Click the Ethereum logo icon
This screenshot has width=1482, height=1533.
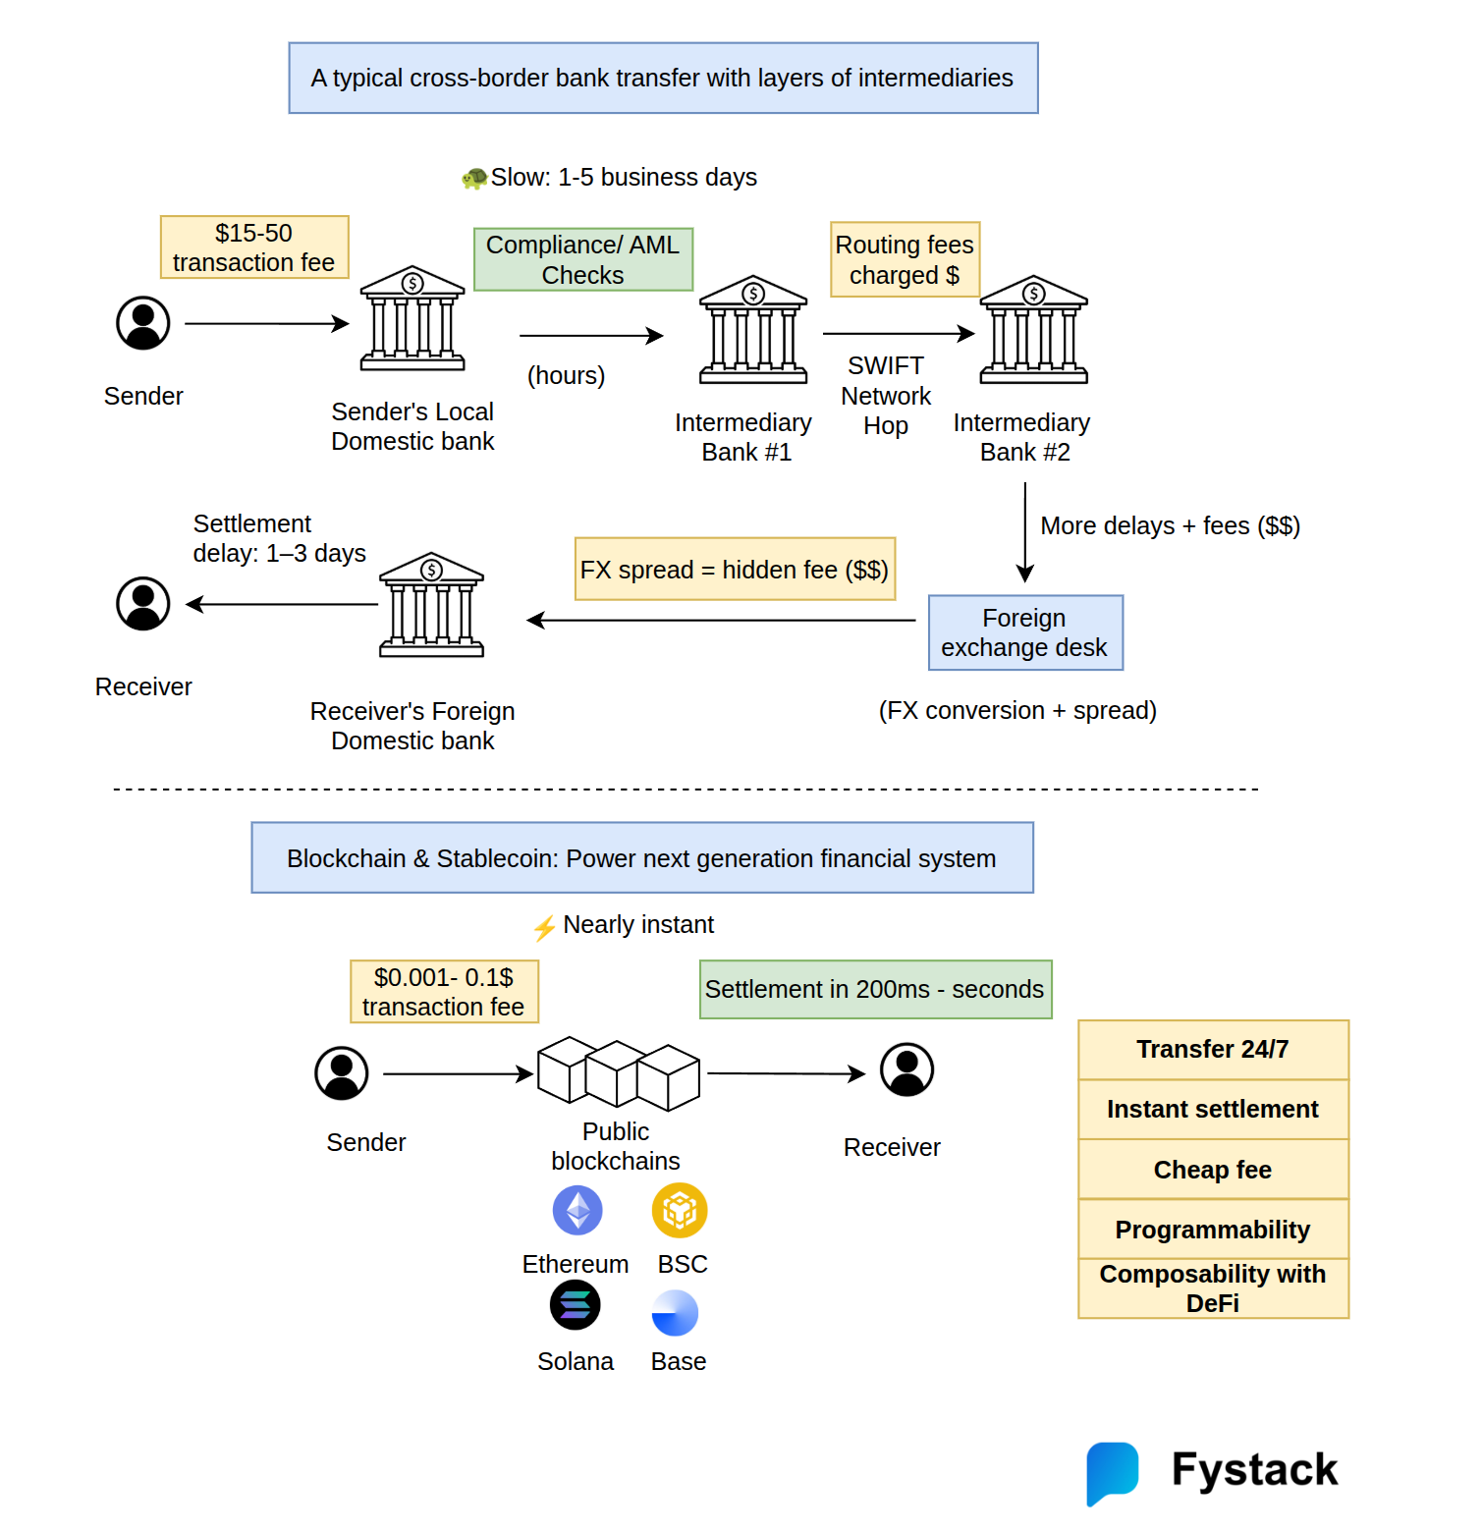click(x=577, y=1210)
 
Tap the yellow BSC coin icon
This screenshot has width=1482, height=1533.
click(x=680, y=1210)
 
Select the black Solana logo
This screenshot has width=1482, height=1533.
click(x=576, y=1305)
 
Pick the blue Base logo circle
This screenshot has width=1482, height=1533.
click(x=675, y=1313)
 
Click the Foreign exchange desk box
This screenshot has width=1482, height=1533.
click(x=1025, y=632)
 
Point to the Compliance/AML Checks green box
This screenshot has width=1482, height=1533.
click(x=583, y=259)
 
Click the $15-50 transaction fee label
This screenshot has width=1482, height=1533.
click(x=254, y=247)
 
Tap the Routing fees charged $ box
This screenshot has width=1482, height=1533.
click(x=905, y=259)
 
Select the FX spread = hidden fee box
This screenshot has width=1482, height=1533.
click(x=735, y=569)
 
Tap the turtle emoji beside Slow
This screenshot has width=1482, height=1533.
click(x=475, y=178)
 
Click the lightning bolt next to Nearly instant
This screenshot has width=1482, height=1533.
click(x=544, y=927)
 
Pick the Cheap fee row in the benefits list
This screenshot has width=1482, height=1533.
click(x=1213, y=1170)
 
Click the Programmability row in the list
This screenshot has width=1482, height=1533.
click(x=1213, y=1230)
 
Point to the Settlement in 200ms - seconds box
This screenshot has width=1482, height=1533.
click(x=875, y=989)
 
